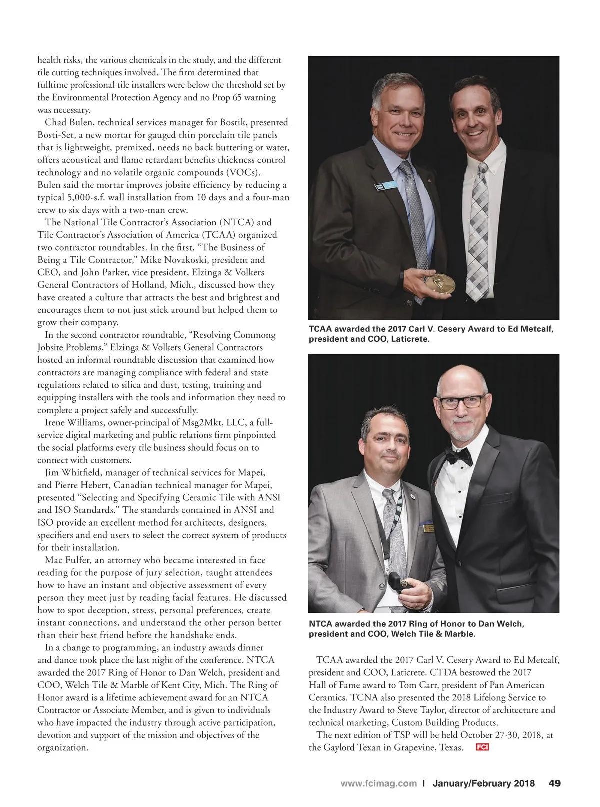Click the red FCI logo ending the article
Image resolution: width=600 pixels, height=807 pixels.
482,747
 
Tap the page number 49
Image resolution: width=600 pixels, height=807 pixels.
554,783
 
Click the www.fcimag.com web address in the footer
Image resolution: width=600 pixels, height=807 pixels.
378,783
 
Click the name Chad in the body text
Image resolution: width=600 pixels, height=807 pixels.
56,122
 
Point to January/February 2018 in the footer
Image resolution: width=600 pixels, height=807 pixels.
483,783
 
